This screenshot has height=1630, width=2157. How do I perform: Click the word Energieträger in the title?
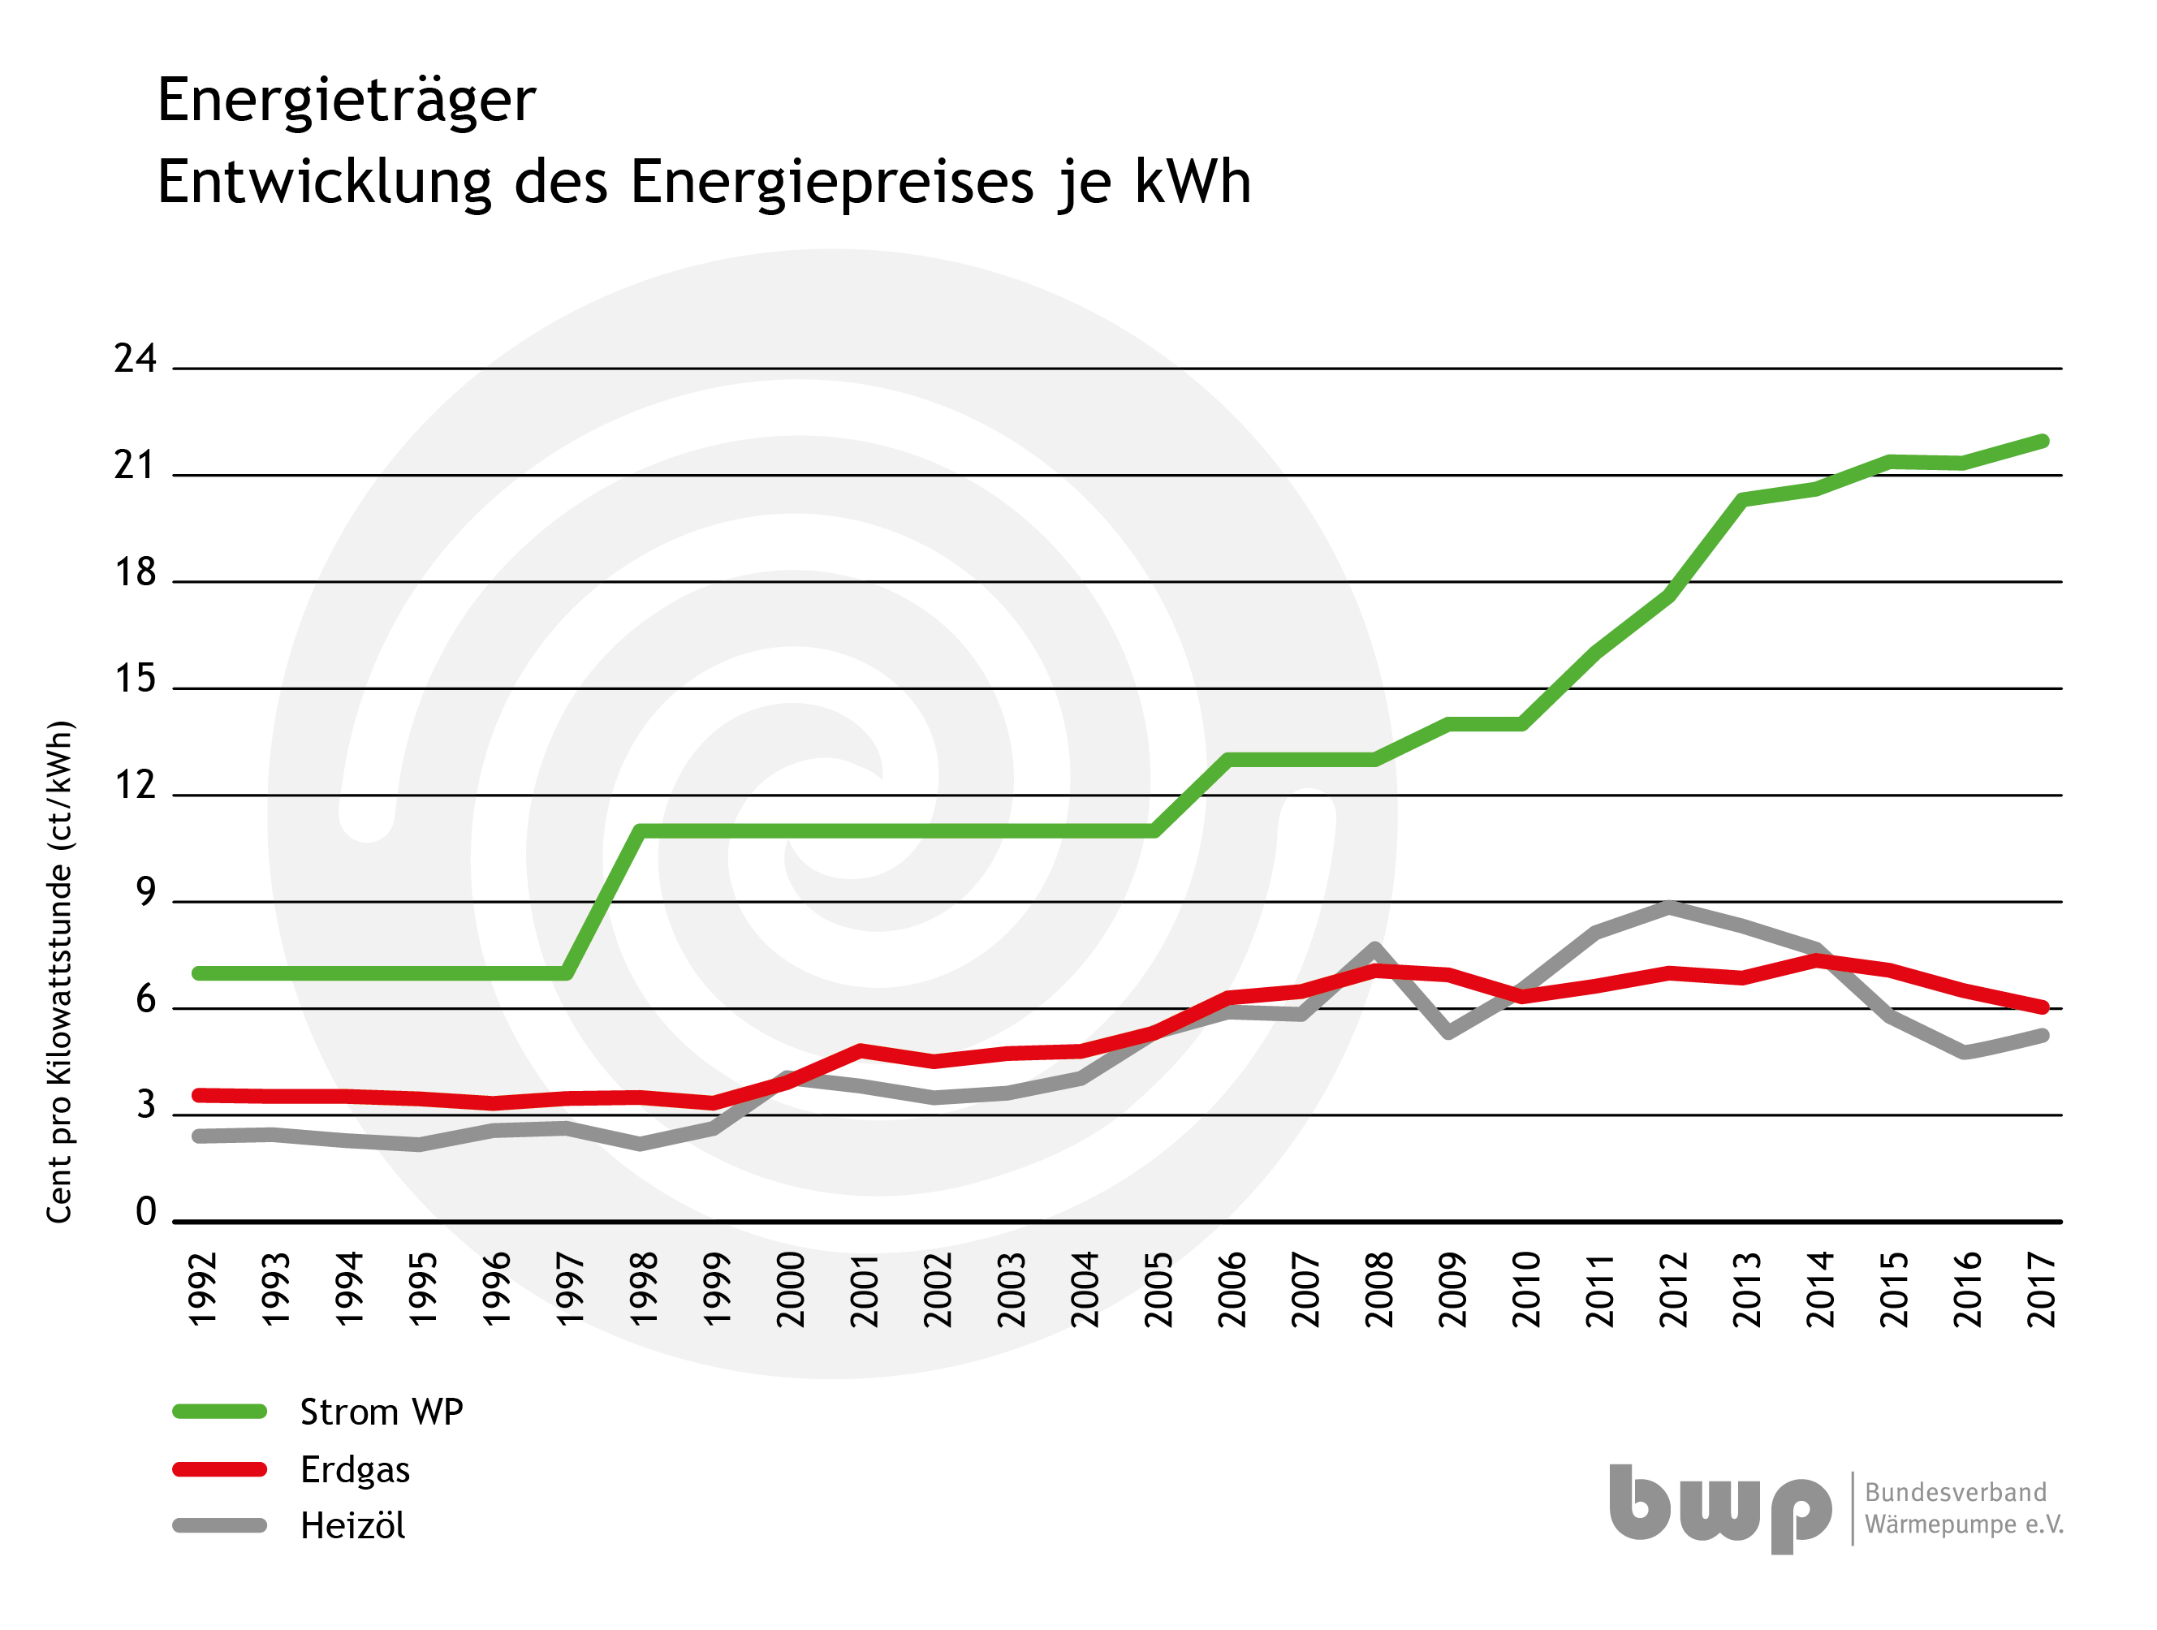(x=346, y=101)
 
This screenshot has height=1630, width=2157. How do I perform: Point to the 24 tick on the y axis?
(x=135, y=360)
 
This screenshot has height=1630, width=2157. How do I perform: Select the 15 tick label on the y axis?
(x=135, y=679)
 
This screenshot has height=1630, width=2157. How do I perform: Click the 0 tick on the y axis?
(x=145, y=1213)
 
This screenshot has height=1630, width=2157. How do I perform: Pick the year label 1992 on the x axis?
(x=202, y=1290)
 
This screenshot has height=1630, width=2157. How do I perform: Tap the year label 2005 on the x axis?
(x=1158, y=1290)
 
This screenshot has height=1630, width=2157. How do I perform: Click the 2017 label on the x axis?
(x=2042, y=1290)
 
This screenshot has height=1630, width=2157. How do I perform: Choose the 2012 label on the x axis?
(x=1673, y=1290)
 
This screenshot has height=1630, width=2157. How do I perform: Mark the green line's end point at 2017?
(x=2042, y=442)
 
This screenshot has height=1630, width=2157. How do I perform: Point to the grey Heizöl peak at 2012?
(x=1672, y=908)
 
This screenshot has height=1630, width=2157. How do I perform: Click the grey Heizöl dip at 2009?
(x=1449, y=1032)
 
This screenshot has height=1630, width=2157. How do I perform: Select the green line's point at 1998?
(x=641, y=831)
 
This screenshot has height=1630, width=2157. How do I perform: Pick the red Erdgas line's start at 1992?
(x=200, y=1096)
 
